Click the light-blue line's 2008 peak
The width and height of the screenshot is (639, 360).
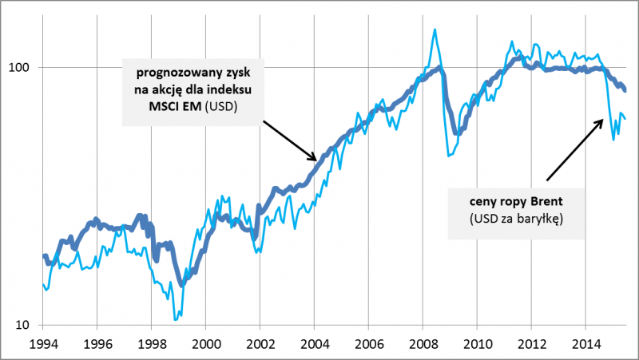pos(434,30)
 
